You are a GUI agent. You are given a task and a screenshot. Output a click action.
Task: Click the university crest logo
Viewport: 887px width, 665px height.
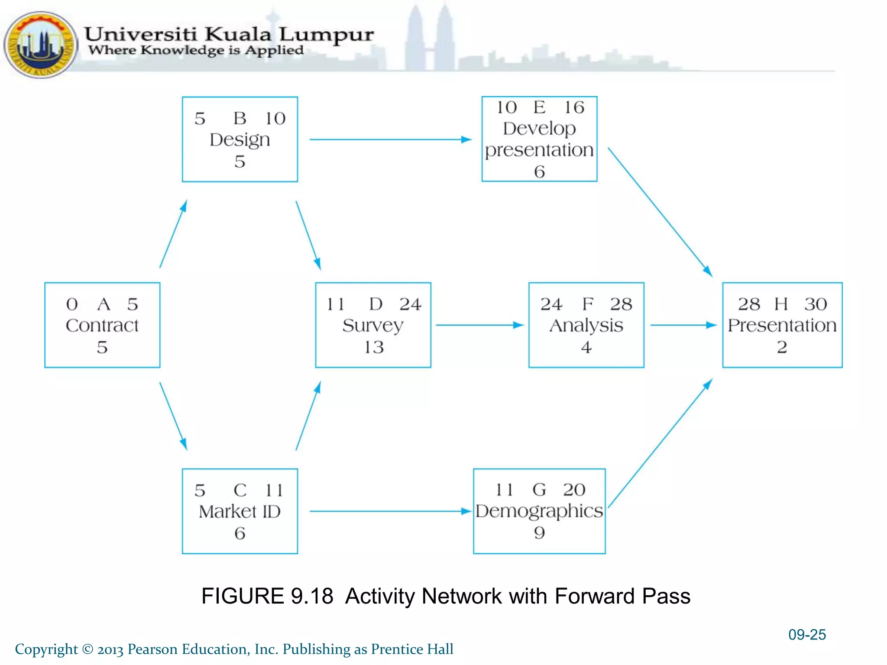click(x=40, y=45)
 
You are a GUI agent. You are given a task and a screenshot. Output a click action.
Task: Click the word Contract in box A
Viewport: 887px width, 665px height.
click(x=102, y=326)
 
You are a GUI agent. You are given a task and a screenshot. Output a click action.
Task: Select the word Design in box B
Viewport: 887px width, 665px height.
click(x=240, y=140)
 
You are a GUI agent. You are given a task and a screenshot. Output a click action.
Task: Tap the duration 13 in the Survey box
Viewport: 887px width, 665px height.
click(x=374, y=347)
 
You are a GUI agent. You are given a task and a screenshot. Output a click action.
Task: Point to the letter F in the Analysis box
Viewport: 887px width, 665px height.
click(x=588, y=304)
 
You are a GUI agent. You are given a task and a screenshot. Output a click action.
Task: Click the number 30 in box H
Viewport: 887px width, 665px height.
click(x=816, y=304)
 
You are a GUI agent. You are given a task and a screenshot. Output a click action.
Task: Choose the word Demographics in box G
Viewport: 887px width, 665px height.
click(x=539, y=511)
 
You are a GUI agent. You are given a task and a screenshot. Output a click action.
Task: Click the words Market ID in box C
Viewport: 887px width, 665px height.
click(x=240, y=512)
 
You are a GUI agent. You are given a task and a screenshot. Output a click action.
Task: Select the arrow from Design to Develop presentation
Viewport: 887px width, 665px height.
click(x=390, y=139)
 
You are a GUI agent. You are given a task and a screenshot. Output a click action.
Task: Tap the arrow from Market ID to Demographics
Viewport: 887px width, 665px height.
click(x=390, y=511)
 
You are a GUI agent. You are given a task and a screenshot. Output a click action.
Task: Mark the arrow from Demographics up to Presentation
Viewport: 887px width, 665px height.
click(x=660, y=443)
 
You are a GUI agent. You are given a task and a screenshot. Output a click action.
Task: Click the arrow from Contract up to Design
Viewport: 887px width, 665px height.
click(x=173, y=234)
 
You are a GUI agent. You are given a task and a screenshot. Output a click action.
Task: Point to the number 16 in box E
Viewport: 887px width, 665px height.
click(x=574, y=107)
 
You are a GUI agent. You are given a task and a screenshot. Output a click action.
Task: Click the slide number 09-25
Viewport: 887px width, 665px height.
click(x=806, y=635)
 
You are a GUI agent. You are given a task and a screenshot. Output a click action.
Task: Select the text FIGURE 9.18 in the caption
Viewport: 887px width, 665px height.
click(x=267, y=596)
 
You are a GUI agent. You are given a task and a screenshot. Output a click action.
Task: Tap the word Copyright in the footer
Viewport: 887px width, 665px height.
click(x=46, y=649)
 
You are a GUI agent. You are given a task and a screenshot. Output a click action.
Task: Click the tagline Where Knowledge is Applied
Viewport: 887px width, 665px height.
click(x=196, y=50)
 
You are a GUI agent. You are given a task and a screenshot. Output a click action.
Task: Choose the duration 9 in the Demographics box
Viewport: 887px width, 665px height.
click(x=539, y=533)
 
